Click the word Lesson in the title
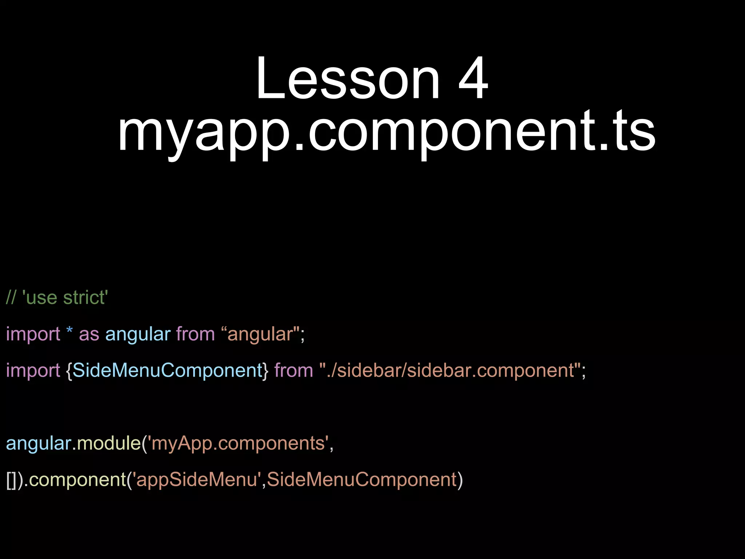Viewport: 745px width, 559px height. click(348, 78)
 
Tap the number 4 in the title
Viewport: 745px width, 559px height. click(473, 78)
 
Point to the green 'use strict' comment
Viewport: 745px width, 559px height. click(57, 298)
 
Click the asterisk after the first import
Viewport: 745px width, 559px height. click(69, 331)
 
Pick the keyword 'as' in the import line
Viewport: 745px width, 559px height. click(89, 334)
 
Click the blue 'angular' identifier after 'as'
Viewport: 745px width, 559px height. click(138, 334)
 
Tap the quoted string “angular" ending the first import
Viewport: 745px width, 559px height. click(260, 334)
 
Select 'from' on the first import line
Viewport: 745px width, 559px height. click(196, 334)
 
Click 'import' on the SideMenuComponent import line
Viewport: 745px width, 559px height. click(33, 370)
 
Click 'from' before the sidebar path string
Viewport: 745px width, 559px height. click(294, 370)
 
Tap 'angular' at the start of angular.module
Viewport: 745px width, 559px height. click(39, 443)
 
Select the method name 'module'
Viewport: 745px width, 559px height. click(109, 443)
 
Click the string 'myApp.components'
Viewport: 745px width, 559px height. click(238, 443)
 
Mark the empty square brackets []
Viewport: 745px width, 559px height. click(12, 480)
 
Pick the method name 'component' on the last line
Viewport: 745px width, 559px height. click(77, 480)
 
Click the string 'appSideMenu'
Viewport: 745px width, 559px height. click(197, 480)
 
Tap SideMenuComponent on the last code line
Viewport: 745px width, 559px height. click(362, 480)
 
